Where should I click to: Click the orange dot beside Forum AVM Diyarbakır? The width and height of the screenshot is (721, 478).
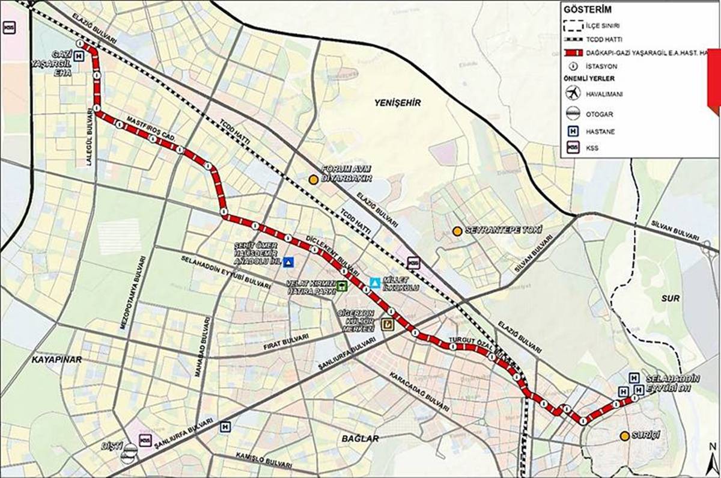(313, 179)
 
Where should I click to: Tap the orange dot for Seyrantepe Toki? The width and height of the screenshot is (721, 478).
(457, 231)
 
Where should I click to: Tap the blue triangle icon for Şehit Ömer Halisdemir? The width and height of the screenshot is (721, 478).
(288, 262)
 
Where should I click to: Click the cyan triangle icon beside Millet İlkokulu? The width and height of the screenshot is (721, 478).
(375, 282)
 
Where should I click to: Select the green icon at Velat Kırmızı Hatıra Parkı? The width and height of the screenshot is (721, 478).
(341, 286)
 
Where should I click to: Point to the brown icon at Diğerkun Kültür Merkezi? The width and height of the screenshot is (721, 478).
(387, 325)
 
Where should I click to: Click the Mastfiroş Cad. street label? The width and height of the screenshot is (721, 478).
(150, 129)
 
